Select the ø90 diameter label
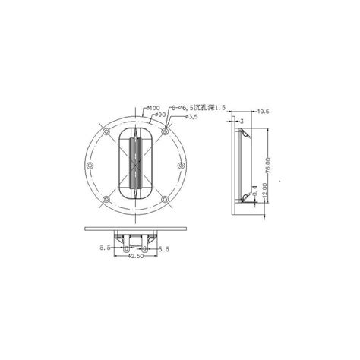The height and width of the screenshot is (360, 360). [161, 114]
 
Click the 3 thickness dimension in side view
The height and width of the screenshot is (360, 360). [242, 120]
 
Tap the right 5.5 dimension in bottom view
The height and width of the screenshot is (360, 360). [165, 248]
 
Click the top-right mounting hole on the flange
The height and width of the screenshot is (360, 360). [164, 132]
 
